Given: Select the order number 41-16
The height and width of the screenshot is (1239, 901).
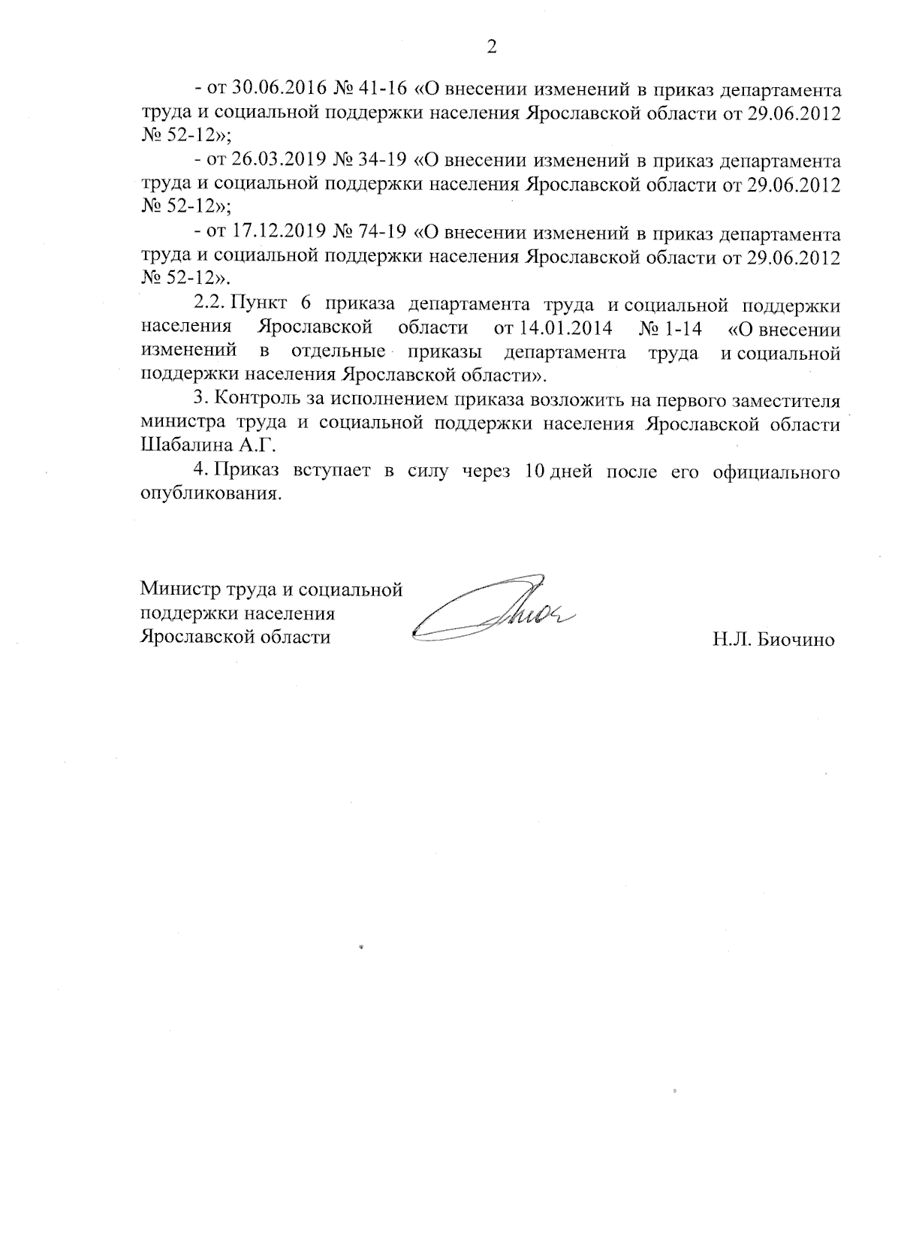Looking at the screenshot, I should coord(382,89).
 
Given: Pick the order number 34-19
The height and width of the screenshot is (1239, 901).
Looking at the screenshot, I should coord(382,161).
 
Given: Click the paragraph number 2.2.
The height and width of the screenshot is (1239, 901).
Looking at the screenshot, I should coord(209,305).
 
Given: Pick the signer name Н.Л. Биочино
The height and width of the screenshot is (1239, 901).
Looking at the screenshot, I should coord(774,641).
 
